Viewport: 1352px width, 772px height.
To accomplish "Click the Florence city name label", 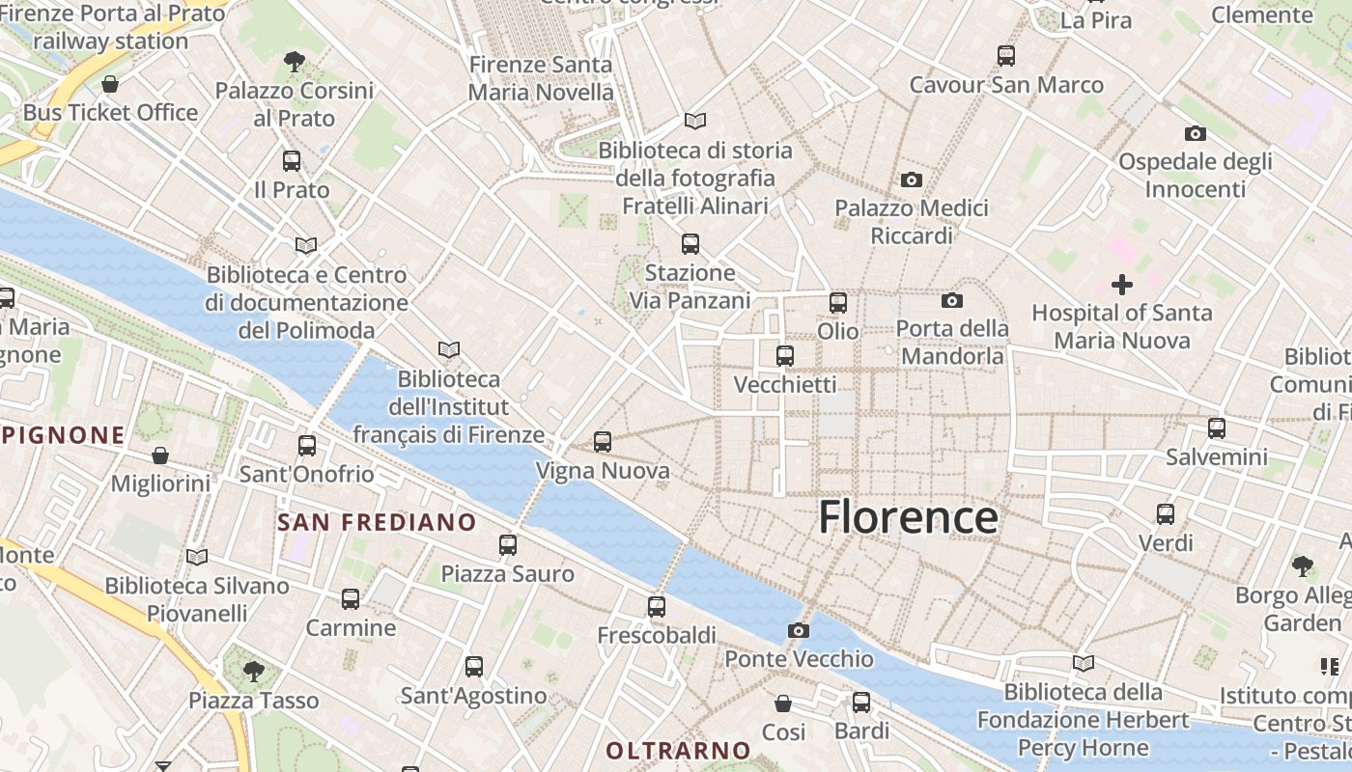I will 908,517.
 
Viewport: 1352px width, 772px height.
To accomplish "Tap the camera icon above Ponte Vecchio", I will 799,631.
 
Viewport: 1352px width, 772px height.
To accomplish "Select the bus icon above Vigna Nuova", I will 603,442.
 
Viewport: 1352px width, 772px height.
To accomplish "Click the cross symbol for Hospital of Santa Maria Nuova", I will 1121,285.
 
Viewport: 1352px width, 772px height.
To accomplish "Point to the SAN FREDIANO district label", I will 377,523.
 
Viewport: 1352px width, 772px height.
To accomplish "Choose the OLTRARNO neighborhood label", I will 678,750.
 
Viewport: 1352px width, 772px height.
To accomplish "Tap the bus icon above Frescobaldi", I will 657,607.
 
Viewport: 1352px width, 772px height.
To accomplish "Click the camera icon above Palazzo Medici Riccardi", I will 911,179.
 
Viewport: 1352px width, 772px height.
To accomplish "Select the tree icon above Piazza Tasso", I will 253,671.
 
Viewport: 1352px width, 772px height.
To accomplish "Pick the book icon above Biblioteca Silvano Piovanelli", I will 197,557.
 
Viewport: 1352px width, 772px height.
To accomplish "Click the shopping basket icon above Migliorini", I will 160,455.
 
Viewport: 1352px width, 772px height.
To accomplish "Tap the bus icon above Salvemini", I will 1217,427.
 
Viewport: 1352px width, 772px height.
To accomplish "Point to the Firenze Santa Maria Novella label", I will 541,78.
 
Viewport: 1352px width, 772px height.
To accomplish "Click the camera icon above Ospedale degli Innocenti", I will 1195,133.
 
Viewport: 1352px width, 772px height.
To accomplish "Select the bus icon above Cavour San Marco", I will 1006,56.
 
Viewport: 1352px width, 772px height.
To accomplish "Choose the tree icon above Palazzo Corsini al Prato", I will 295,62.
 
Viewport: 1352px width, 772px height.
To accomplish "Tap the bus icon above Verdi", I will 1166,514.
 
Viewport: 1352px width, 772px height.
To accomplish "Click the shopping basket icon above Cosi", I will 783,703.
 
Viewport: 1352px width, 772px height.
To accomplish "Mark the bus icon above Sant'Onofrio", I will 307,446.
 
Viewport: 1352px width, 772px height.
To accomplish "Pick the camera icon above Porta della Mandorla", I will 952,300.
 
